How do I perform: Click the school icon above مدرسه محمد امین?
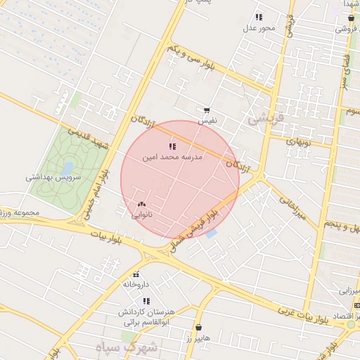[x=172, y=146]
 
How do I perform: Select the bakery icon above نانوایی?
[x=141, y=204]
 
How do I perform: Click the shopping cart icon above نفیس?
[x=207, y=110]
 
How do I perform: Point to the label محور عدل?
[x=258, y=28]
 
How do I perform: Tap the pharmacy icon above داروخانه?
[x=136, y=274]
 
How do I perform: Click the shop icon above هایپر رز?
[x=198, y=328]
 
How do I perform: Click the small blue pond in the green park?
[x=67, y=169]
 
